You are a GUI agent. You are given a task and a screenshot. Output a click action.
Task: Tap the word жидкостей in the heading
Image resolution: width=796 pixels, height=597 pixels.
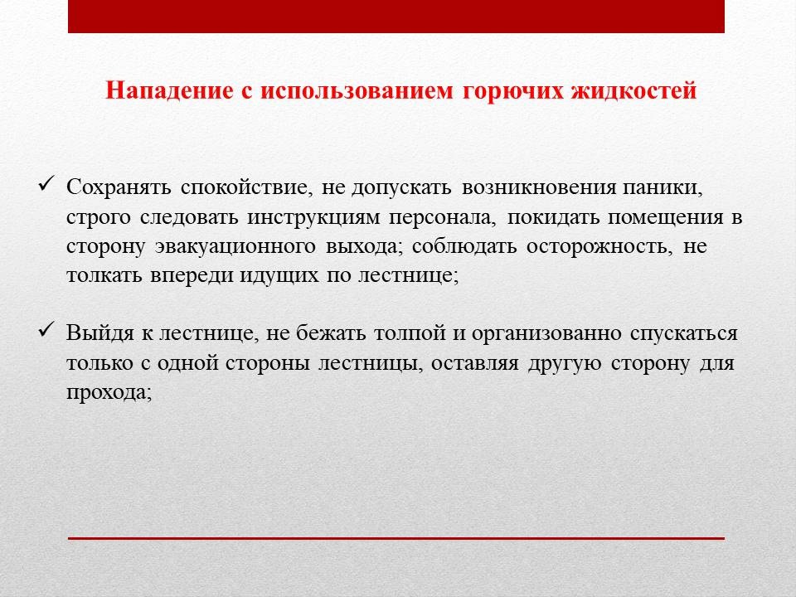click(634, 91)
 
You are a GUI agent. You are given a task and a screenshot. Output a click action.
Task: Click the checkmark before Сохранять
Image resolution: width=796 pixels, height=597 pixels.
click(46, 184)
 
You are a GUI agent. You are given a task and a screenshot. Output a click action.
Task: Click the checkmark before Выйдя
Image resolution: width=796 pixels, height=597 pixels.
click(46, 331)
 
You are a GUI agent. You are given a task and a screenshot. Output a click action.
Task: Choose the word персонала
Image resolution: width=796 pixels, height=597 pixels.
click(442, 217)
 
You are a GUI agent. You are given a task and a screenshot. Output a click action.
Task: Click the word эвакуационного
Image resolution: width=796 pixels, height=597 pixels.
click(235, 247)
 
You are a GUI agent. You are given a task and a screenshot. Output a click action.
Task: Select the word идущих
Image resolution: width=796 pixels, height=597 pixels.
click(279, 276)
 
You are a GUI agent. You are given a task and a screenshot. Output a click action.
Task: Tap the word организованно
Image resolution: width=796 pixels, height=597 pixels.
click(546, 334)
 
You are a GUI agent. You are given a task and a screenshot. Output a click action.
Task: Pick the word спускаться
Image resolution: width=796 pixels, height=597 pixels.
click(684, 334)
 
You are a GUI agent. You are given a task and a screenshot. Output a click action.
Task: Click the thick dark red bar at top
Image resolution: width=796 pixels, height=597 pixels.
click(396, 17)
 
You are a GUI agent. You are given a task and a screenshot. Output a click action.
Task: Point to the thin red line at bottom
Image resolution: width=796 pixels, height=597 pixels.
click(396, 538)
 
